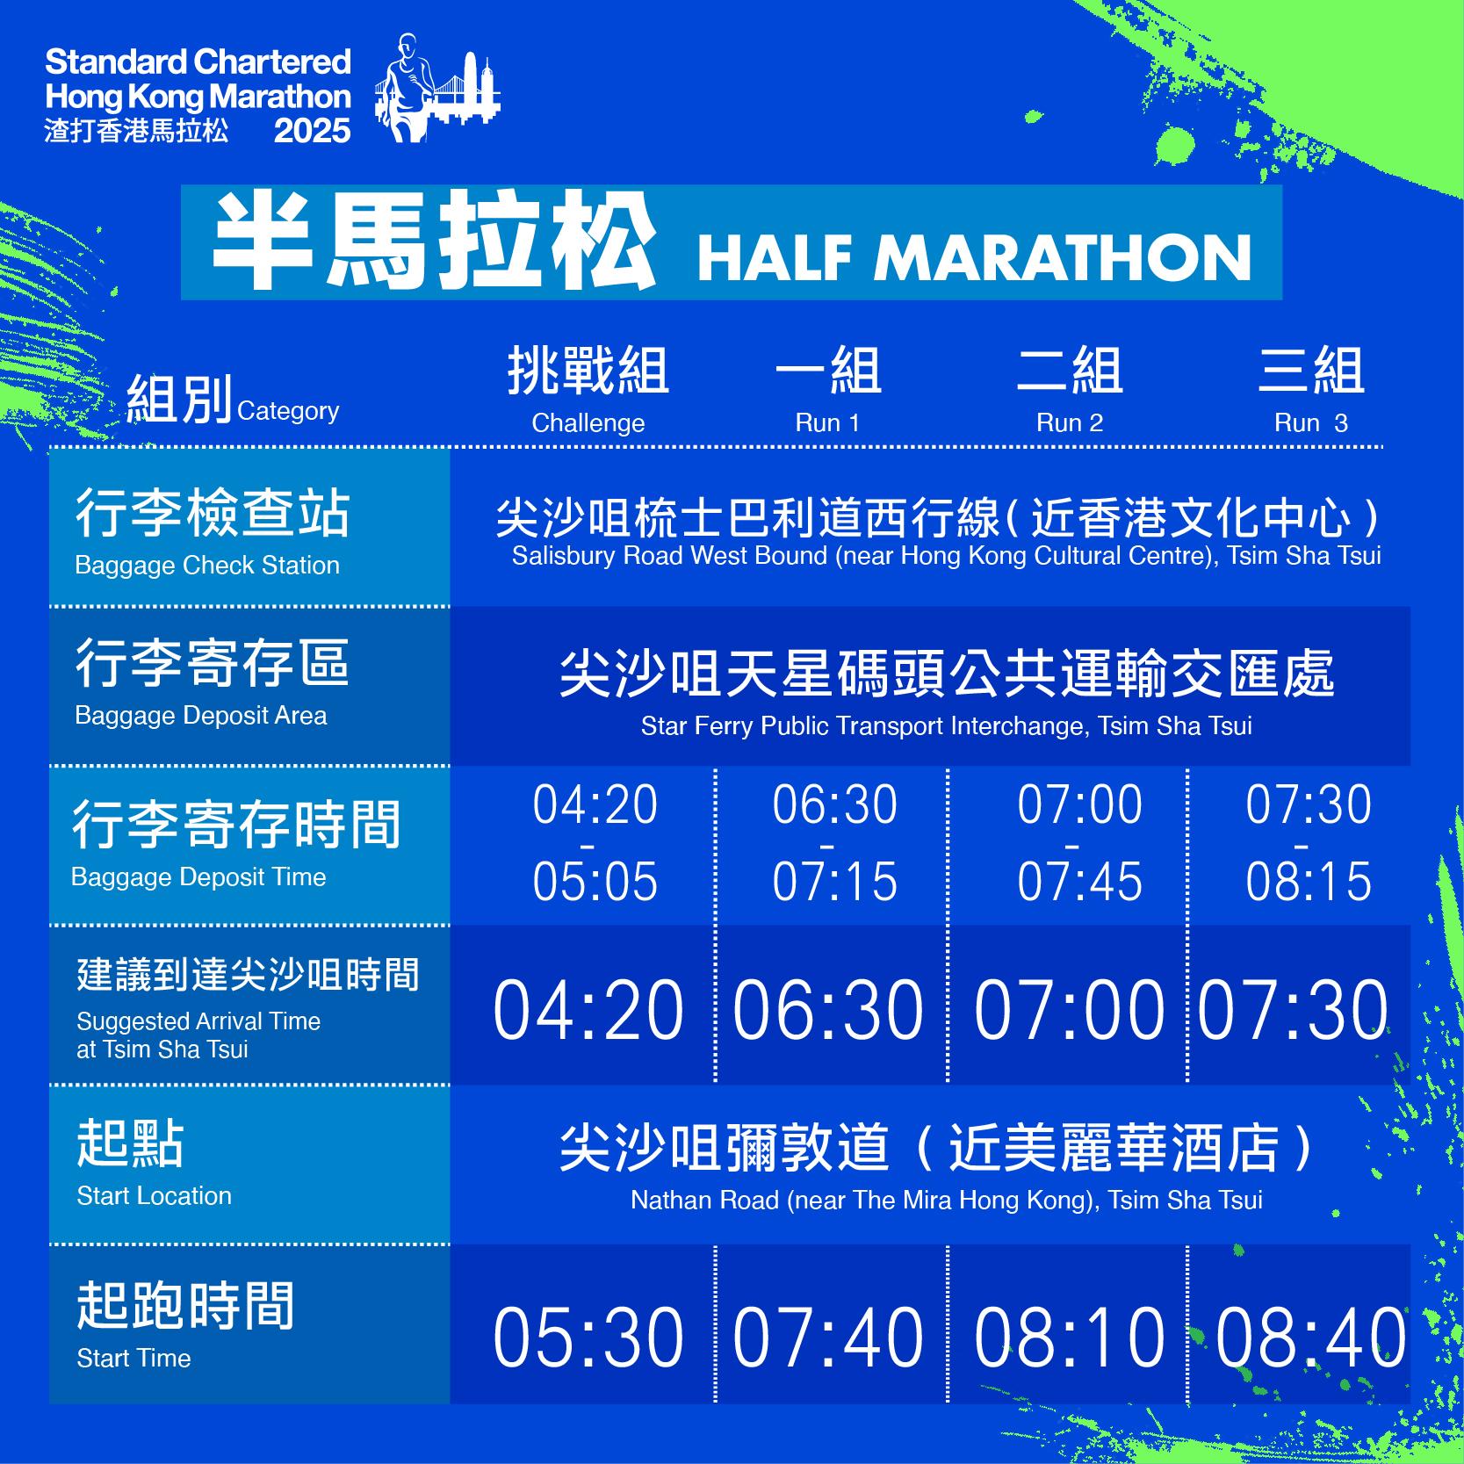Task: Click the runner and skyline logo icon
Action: [436, 88]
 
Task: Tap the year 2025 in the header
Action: [312, 131]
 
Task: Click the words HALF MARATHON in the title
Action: [974, 257]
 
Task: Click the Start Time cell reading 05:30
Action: [588, 1337]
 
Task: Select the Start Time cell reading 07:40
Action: [827, 1337]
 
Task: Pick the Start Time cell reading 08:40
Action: [1310, 1337]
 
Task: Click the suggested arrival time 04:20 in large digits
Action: [588, 1010]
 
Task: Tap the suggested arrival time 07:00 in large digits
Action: [1069, 1010]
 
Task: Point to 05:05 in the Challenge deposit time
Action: [595, 881]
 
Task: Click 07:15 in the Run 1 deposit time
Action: [834, 881]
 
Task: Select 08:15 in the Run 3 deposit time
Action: [1308, 881]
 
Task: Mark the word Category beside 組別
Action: [287, 411]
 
